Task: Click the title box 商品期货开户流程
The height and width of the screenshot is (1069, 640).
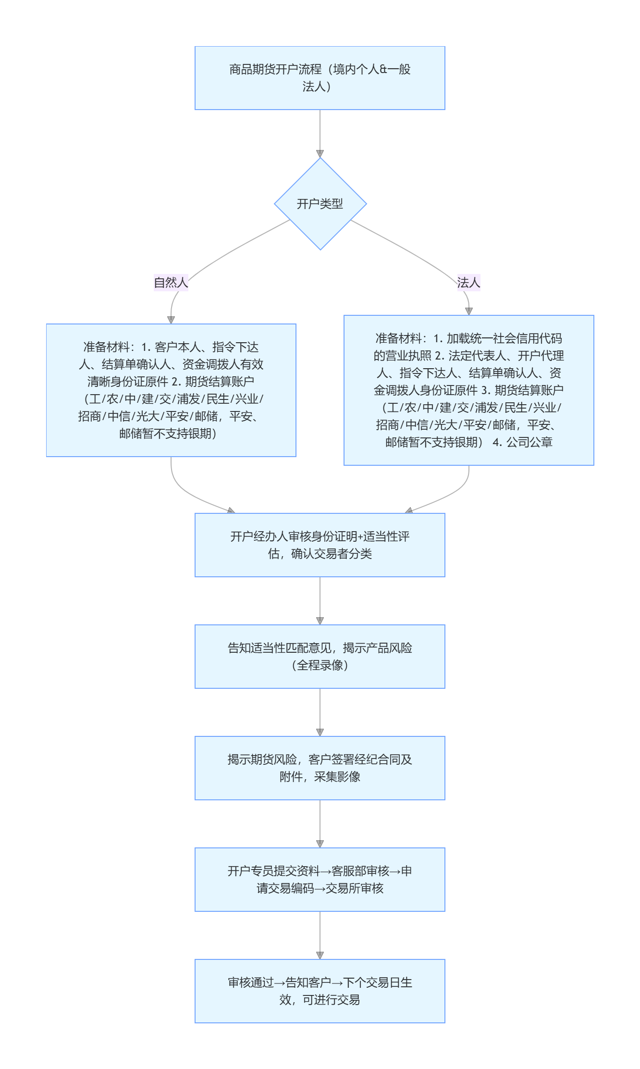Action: pyautogui.click(x=320, y=78)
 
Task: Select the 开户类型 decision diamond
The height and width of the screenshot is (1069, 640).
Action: pyautogui.click(x=320, y=204)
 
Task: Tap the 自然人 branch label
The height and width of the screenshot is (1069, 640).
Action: pyautogui.click(x=171, y=283)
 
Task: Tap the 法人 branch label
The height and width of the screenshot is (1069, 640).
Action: pyautogui.click(x=468, y=283)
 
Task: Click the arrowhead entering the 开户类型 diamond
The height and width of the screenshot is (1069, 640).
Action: pyautogui.click(x=320, y=154)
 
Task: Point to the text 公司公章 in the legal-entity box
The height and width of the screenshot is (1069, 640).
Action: pyautogui.click(x=529, y=442)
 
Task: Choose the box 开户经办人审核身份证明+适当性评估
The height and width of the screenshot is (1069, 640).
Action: pyautogui.click(x=320, y=545)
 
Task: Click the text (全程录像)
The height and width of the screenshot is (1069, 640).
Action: pyautogui.click(x=320, y=665)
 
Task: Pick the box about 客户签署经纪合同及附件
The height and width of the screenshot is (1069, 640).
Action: pyautogui.click(x=320, y=768)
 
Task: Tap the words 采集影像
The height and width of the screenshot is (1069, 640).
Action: pyautogui.click(x=337, y=777)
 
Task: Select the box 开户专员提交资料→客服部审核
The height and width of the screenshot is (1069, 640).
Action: pyautogui.click(x=320, y=880)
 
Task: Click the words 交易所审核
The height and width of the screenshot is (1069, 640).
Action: pyautogui.click(x=355, y=888)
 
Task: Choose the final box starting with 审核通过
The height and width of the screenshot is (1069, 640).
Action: pyautogui.click(x=320, y=991)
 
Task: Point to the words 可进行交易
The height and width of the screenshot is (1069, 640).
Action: pyautogui.click(x=332, y=1000)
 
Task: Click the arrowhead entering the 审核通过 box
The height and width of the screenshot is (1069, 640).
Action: pyautogui.click(x=320, y=956)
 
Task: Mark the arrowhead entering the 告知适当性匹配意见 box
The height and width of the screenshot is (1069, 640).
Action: pyautogui.click(x=320, y=621)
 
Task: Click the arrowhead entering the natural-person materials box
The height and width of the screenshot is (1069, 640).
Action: pyautogui.click(x=171, y=320)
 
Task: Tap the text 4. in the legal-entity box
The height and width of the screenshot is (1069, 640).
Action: pyautogui.click(x=497, y=442)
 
